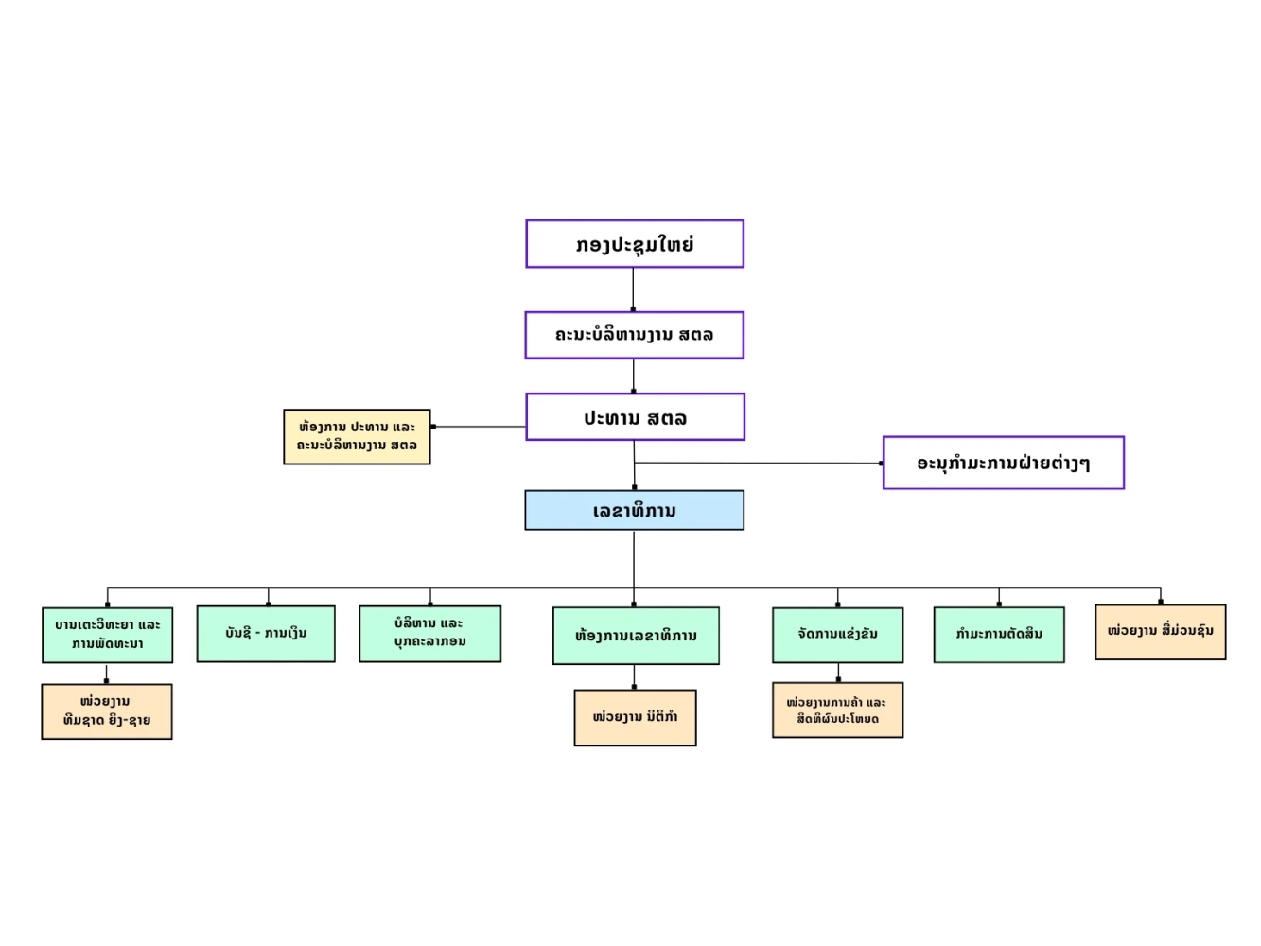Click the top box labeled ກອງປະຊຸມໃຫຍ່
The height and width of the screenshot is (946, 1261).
coord(634,243)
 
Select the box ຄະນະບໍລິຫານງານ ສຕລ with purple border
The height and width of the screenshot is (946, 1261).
coord(634,336)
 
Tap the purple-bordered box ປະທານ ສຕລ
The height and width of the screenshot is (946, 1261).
coord(635,417)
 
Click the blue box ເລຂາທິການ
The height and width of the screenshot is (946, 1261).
coord(634,510)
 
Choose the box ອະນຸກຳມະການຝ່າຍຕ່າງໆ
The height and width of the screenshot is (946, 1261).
coord(1003,463)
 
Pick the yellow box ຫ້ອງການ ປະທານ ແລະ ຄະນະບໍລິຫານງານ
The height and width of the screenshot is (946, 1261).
coord(357,436)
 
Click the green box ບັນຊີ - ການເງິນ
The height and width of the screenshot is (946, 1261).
coord(266,634)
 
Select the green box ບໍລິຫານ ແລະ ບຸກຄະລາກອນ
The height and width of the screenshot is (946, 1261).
coord(429,634)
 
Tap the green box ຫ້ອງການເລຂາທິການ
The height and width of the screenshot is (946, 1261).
coord(636,636)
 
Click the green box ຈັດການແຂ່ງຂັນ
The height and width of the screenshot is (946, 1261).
coord(837,635)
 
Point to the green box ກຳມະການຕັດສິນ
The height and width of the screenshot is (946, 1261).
coord(999,635)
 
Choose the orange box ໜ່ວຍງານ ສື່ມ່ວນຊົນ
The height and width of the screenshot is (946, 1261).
coord(1161,632)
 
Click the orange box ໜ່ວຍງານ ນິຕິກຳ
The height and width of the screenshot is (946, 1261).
coord(635,717)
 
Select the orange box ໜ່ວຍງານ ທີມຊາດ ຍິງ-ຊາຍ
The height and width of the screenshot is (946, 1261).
coord(107,711)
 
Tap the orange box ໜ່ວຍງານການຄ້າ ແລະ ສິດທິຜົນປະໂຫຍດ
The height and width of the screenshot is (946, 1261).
coord(837,709)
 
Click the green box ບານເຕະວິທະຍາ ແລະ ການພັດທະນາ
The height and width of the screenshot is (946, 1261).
coord(108,635)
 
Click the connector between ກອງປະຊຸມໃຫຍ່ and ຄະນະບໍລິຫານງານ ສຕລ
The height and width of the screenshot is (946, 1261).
coord(633,289)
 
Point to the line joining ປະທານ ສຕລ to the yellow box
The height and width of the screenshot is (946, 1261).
coord(478,427)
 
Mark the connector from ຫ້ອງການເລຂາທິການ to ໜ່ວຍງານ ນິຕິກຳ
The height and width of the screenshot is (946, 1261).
coord(634,676)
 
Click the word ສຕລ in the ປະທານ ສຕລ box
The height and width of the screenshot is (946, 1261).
coord(667,418)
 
